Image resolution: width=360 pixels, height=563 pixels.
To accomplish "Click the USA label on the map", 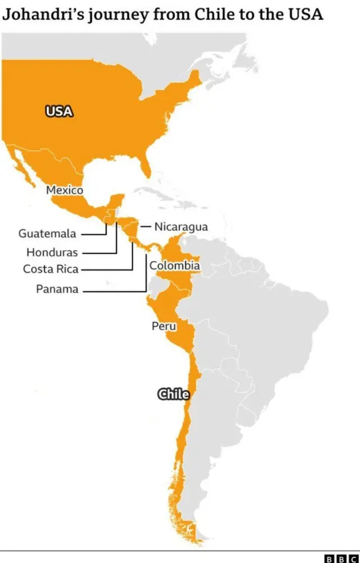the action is pos(59,111).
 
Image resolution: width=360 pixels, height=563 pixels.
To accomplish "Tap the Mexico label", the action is pos(65,190).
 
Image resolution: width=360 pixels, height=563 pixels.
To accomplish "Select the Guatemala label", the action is pos(48,233).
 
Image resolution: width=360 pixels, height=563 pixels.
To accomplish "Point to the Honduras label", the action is pos(52,253).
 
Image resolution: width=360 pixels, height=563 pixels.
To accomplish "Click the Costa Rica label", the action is pos(51,269).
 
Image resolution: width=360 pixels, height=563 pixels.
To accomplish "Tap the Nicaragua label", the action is pos(181,227).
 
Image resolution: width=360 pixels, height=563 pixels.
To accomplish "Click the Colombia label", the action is pos(174,265).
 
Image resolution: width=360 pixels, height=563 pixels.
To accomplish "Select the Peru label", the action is pos(164,326).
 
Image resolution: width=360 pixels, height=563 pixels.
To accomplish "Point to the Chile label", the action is pos(173,394).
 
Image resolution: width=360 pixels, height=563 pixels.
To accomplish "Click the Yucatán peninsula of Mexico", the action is pos(116,201).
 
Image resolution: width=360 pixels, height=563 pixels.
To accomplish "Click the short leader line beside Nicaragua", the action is pos(145,227).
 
